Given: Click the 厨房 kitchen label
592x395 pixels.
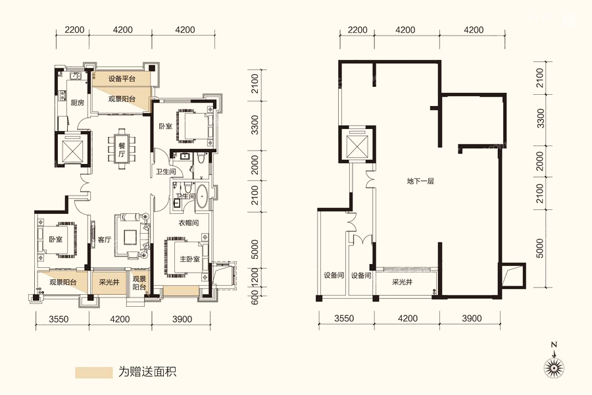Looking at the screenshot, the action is (x=77, y=103).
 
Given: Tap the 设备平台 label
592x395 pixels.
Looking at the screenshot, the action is (x=122, y=79).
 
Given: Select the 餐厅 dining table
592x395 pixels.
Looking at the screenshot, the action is (x=122, y=148).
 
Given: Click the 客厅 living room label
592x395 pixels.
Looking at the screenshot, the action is (x=104, y=240).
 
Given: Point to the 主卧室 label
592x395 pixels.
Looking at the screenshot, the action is (x=189, y=259).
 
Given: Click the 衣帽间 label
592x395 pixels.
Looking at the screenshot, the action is (x=188, y=223).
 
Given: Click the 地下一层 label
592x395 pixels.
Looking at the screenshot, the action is (x=420, y=181).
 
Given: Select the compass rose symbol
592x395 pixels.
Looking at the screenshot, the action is (x=554, y=364).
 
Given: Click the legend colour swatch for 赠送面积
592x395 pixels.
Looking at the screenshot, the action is (x=93, y=373).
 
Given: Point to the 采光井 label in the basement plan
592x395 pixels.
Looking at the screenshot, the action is (x=402, y=282).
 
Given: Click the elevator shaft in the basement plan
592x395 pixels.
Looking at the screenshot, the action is (x=357, y=144).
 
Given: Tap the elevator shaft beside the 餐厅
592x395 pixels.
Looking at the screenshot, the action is (x=72, y=148).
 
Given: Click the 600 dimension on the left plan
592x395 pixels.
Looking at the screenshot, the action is (x=255, y=297).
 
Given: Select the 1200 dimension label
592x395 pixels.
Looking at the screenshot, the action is (x=255, y=277).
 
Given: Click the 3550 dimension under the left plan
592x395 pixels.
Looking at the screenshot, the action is (x=59, y=319).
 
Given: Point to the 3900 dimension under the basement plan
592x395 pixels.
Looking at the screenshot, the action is (x=472, y=318).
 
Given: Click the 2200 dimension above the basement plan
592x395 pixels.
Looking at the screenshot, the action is (x=357, y=30).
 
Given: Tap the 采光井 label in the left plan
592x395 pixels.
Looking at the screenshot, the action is (x=109, y=282).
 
